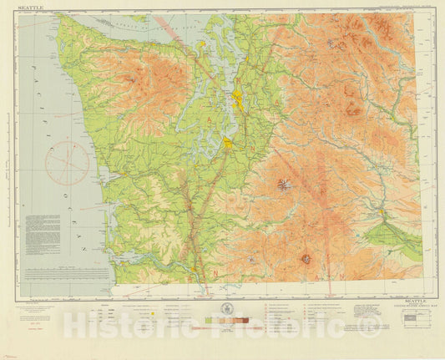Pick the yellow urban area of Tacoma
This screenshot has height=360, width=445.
[x=228, y=145]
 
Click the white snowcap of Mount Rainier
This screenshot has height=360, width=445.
[x=284, y=183]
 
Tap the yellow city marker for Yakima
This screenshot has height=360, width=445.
[x=382, y=212]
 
